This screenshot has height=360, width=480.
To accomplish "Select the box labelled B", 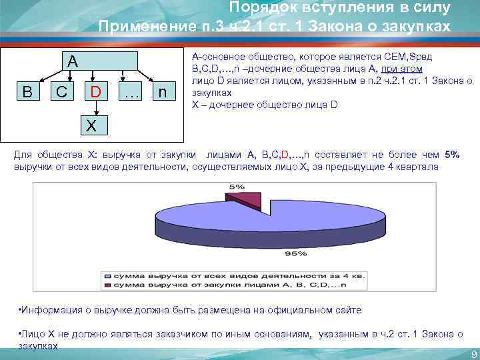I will (27, 91).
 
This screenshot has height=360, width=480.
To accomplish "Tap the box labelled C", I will (61, 91).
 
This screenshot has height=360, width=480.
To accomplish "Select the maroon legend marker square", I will (107, 285).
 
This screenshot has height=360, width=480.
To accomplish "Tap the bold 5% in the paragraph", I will (452, 155).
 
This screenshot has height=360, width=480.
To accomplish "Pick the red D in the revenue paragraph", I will (285, 155).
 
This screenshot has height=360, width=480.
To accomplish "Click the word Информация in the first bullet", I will (52, 311).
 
